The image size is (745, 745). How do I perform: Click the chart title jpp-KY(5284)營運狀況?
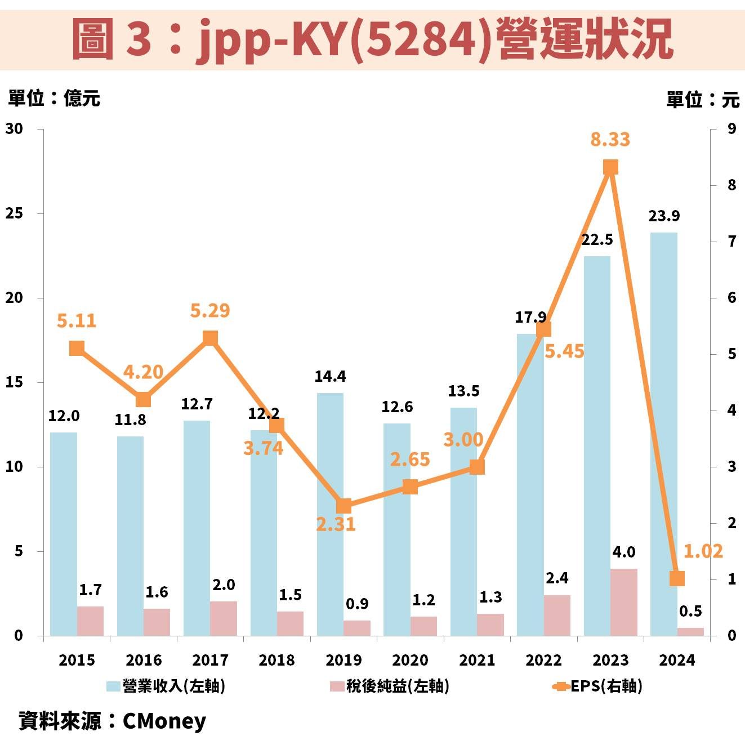point(372,38)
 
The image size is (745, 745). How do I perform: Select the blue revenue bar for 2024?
point(663,434)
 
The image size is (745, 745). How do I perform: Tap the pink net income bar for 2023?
point(624,602)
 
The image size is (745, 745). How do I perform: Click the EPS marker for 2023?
point(610,167)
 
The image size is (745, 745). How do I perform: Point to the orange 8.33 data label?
point(610,139)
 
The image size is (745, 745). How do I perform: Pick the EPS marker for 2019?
point(343,506)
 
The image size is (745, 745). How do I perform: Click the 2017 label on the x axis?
point(210,660)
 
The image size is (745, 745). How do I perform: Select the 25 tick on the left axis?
point(15,213)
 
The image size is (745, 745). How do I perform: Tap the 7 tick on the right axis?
point(731,241)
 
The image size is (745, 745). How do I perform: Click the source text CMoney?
point(164,721)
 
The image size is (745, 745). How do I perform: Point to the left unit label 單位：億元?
point(54,99)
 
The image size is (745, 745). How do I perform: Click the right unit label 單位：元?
point(702,100)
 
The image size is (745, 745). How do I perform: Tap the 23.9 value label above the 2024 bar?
point(663,216)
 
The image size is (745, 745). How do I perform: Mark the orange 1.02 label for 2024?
point(702,551)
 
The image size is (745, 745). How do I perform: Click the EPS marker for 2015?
point(77,349)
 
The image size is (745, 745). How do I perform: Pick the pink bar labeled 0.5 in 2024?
point(690,632)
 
